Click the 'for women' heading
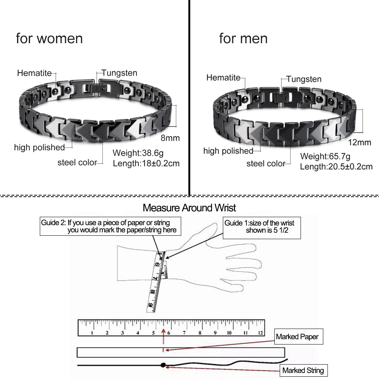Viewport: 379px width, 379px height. pos(49,39)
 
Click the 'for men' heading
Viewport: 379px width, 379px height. pos(243,39)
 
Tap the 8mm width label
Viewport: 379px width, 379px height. pos(170,138)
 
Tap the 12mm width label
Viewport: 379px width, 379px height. pos(359,143)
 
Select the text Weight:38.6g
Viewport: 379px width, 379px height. pos(138,153)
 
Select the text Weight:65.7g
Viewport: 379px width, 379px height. pos(325,157)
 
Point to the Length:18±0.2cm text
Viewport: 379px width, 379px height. pos(146,163)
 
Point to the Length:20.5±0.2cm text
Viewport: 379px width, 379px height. pos(336,166)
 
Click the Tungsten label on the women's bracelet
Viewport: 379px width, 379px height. pos(119,73)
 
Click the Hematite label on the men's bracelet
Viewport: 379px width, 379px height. pos(223,78)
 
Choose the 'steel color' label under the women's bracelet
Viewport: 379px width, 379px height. pos(77,163)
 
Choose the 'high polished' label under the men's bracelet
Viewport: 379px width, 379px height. pos(228,151)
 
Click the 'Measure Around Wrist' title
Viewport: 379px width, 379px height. pos(189,208)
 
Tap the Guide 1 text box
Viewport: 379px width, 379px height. pos(262,228)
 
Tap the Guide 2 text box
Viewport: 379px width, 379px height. pos(110,226)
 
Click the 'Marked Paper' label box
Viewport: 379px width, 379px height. pos(299,337)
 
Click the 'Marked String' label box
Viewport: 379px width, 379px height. pos(304,370)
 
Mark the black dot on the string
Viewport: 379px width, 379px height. pos(163,365)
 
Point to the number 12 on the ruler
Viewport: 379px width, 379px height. pos(260,333)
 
